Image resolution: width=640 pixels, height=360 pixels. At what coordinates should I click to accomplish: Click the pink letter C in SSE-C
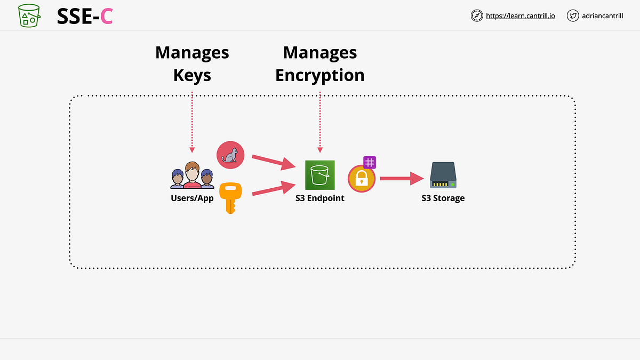point(106,17)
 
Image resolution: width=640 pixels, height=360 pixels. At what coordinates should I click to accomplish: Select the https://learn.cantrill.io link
point(520,16)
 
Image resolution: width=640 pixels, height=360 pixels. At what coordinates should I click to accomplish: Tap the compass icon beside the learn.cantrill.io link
point(477,16)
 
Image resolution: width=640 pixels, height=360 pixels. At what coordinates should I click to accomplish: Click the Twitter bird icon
point(573,16)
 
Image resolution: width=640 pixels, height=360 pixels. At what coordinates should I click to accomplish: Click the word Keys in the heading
point(192,75)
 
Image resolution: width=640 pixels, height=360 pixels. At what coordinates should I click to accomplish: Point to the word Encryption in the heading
point(319,75)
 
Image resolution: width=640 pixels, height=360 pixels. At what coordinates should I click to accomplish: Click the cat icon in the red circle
point(230,155)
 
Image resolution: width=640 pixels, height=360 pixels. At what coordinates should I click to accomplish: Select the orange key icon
point(230,197)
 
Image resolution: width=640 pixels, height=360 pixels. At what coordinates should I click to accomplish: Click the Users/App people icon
point(192,175)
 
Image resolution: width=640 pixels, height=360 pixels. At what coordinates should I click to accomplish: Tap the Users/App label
point(192,198)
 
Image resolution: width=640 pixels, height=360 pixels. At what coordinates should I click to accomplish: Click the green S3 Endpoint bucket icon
point(320,175)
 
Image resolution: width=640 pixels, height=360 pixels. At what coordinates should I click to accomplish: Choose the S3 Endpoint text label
point(320,198)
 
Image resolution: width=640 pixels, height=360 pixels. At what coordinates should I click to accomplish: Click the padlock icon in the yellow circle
point(362,178)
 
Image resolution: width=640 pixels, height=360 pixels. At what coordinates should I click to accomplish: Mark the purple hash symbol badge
point(370,163)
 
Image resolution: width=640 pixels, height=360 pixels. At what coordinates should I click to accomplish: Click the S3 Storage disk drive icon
point(443,175)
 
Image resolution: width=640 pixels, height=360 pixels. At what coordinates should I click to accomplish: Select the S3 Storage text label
point(443,198)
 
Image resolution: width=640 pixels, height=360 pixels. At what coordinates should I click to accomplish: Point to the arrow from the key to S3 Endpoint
point(274,188)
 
